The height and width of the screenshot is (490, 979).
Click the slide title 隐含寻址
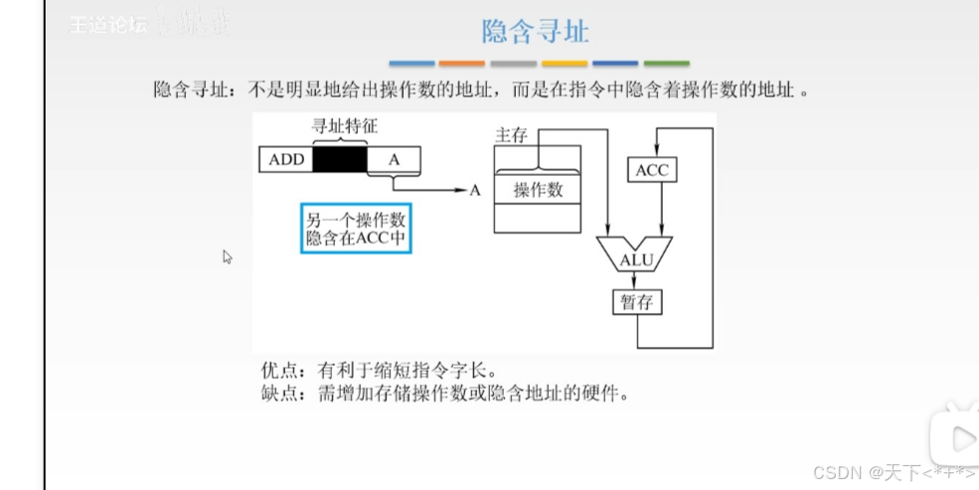[535, 32]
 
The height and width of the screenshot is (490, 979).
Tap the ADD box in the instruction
[286, 159]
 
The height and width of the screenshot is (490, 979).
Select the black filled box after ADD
[339, 159]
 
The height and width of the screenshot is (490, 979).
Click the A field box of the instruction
[394, 159]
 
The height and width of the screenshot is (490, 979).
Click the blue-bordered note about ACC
[356, 229]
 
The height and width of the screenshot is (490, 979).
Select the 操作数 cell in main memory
[538, 191]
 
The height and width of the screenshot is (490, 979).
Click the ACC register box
[652, 171]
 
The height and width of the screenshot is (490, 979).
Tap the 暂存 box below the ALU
[636, 302]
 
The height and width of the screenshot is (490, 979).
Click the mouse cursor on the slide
[228, 256]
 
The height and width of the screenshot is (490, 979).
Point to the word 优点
[277, 371]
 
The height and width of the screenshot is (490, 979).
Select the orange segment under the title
[461, 64]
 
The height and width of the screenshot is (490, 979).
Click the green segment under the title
[667, 64]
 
